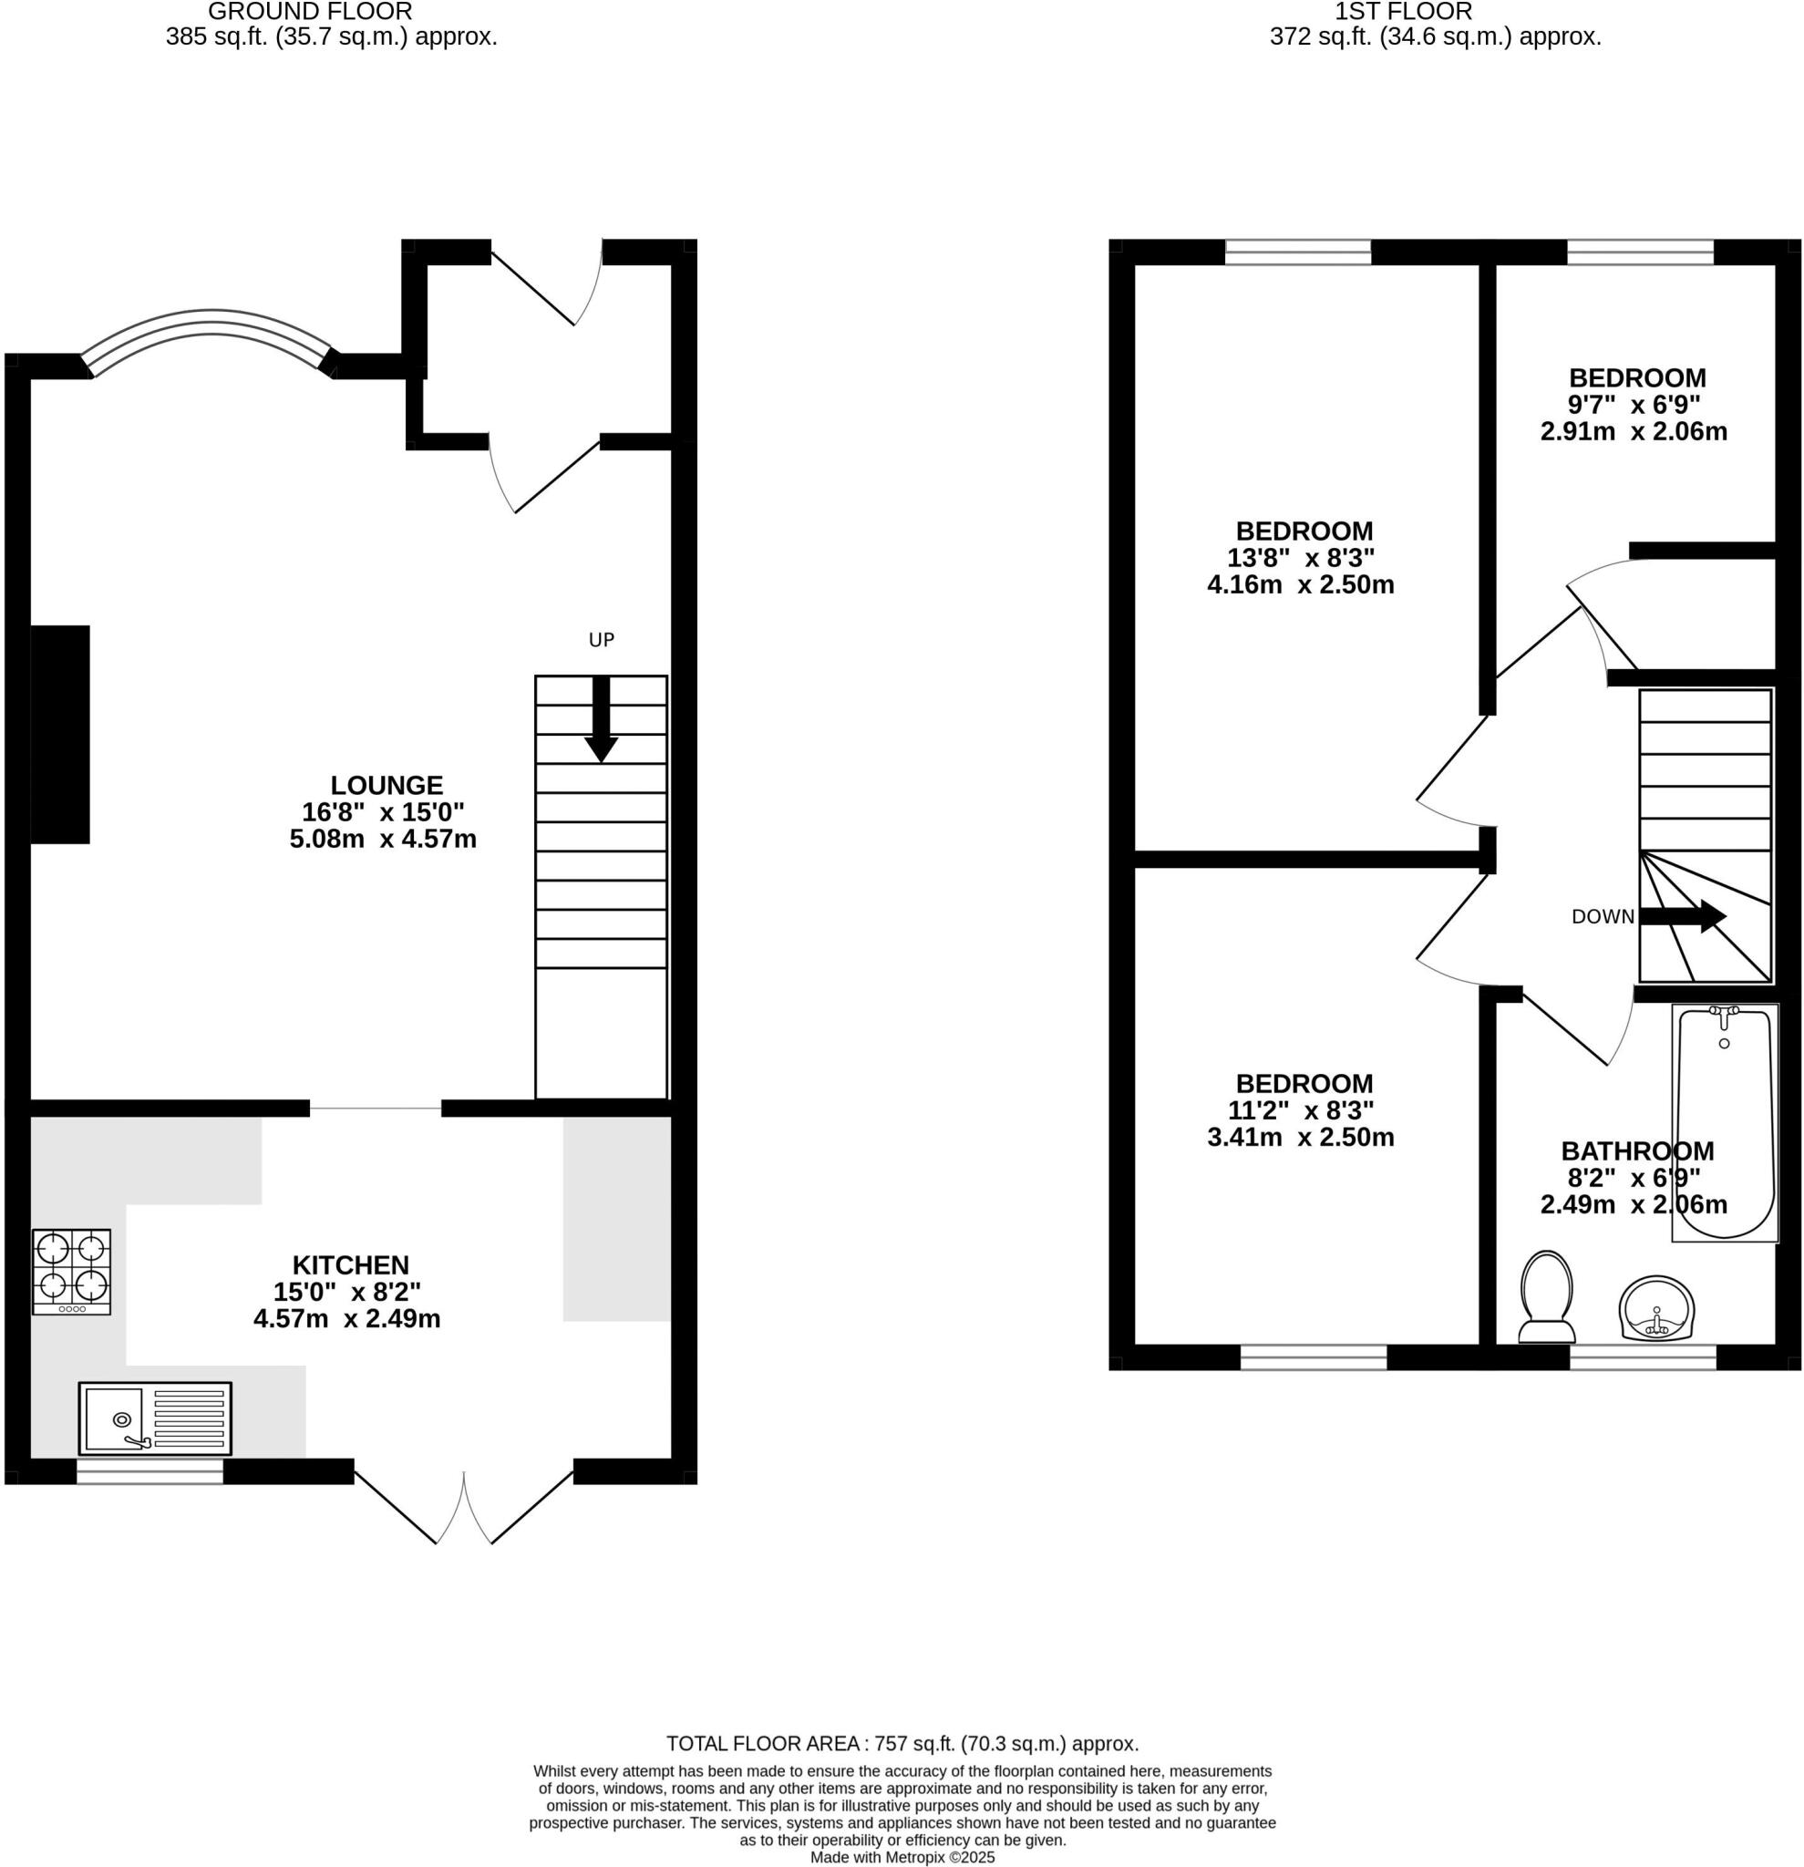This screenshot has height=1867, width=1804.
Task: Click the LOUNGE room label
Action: coord(386,785)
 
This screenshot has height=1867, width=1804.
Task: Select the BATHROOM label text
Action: coord(1636,1150)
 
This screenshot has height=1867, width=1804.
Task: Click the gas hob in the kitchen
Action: coord(71,1272)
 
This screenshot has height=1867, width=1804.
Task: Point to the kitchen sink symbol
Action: coord(154,1418)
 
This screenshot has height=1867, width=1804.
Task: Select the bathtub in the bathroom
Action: coord(1725,1122)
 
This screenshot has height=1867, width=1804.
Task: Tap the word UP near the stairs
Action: coord(601,640)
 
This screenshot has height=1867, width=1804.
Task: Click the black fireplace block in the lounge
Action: coord(60,735)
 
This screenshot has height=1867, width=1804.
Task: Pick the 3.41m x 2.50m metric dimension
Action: coord(1300,1138)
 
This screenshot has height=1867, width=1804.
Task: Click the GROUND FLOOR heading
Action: coord(310,13)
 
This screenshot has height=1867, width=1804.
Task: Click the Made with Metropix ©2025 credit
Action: coord(902,1858)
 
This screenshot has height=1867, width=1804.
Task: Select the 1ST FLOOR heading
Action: coord(1403,13)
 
